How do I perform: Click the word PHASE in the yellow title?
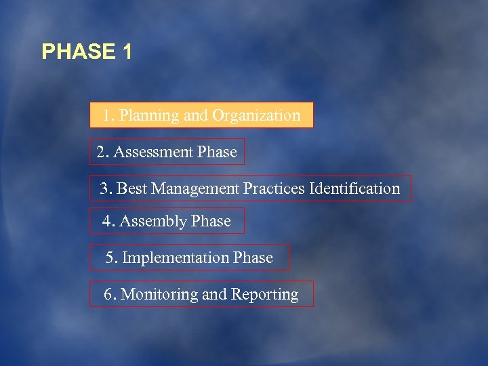[79, 52]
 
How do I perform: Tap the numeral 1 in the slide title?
[127, 52]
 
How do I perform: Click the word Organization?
[256, 116]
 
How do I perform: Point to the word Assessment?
[153, 152]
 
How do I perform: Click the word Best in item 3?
[132, 188]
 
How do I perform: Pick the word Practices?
[274, 188]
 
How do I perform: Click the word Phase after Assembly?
[211, 222]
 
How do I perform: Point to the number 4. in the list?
[108, 222]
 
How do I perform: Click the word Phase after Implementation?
[253, 258]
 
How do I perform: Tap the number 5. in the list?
[112, 258]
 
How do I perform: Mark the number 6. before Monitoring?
[110, 295]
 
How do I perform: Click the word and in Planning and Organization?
[195, 116]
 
